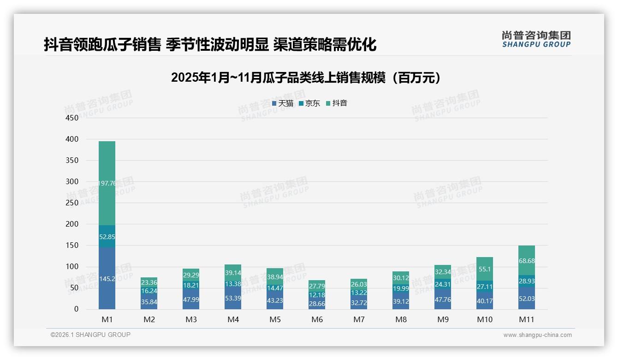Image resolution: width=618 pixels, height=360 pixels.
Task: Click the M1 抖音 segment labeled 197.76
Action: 107,183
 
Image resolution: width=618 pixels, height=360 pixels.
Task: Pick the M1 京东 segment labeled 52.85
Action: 107,237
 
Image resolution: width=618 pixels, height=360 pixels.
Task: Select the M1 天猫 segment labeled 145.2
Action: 107,279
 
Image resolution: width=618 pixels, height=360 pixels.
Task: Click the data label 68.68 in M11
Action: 527,261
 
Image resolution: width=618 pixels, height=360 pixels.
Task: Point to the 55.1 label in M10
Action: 485,269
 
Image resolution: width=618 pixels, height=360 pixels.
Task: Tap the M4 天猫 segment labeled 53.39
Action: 233,298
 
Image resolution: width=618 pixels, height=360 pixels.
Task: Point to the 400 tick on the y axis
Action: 72,139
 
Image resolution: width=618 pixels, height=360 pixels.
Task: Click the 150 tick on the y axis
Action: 72,246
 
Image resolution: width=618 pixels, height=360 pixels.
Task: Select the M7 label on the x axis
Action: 359,319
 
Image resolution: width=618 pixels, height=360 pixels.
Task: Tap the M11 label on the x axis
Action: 527,319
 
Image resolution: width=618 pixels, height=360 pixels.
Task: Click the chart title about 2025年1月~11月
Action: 306,78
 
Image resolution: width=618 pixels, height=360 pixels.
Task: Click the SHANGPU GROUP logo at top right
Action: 536,39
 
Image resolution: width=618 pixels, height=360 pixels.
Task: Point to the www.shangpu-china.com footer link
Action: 537,335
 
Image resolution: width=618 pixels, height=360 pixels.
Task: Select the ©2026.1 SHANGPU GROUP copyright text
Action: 90,335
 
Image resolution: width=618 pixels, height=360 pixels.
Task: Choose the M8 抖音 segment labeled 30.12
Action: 401,278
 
